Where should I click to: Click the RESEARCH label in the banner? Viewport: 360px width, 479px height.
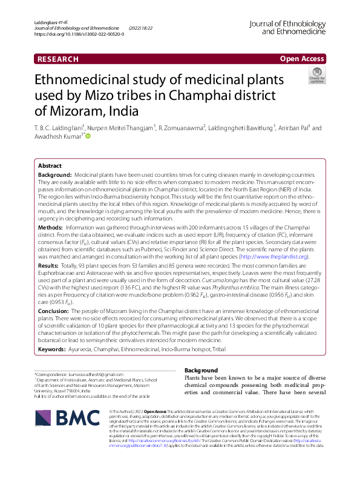click(x=58, y=59)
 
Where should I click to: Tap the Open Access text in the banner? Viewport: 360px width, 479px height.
click(x=301, y=59)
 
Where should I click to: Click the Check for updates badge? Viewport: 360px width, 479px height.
click(x=316, y=75)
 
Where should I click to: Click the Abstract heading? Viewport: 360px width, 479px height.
click(x=50, y=165)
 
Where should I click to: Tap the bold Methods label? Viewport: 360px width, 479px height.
click(x=51, y=227)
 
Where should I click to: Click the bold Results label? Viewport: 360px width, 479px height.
click(x=49, y=265)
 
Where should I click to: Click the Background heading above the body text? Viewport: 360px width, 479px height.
click(x=201, y=370)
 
